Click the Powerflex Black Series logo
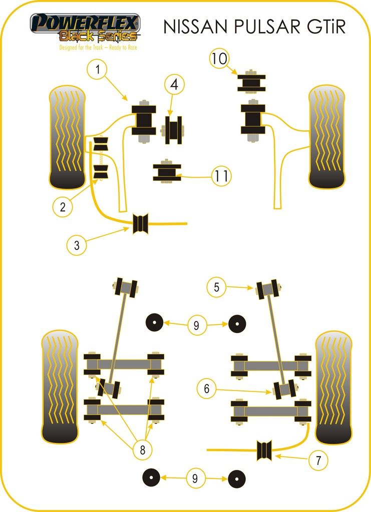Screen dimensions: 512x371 85,28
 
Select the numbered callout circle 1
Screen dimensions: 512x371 98,70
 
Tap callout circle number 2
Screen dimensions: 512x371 63,206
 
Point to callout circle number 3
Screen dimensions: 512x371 77,245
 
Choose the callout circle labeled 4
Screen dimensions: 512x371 173,84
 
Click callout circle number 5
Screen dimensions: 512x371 217,287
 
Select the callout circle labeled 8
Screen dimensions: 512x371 143,450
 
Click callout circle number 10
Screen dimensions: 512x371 219,59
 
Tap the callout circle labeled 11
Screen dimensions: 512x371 222,175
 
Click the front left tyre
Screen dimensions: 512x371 67,137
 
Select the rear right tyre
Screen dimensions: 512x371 333,387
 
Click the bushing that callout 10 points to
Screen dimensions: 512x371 251,82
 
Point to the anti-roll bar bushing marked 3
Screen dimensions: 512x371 142,223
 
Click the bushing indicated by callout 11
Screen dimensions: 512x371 166,172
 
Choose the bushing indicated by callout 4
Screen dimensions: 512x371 174,129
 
